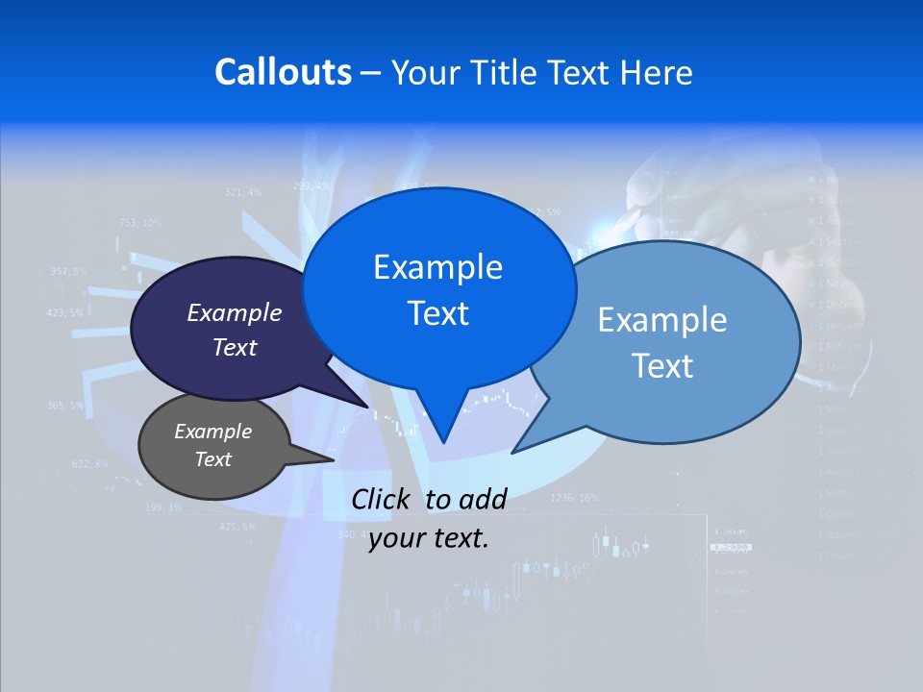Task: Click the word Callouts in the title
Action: point(283,73)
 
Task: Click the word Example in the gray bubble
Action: point(212,432)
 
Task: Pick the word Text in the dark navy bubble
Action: point(235,348)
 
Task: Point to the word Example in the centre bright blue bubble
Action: point(437,267)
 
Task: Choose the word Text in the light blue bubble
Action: point(662,366)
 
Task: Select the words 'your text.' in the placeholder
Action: point(428,539)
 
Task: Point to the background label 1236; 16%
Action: point(574,498)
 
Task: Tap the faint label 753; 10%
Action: point(140,223)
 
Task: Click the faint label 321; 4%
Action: point(242,192)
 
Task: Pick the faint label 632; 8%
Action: point(90,464)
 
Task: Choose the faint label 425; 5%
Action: point(237,527)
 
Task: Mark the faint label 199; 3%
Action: point(162,507)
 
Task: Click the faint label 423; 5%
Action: point(64,312)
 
